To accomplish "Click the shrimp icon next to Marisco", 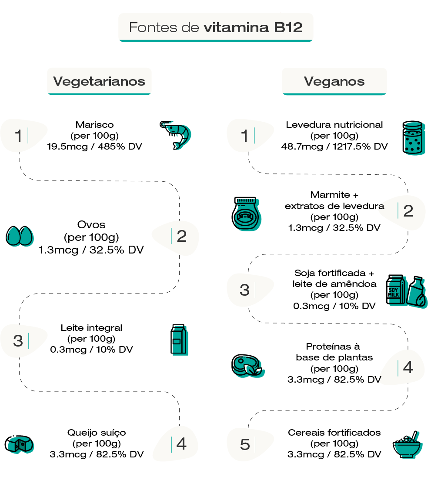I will click(175, 135).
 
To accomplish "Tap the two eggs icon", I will click(19, 235).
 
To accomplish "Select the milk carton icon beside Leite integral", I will click(178, 339).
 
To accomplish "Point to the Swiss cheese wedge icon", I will click(19, 444).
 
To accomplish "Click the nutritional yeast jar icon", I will click(413, 137).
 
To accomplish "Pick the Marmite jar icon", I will click(246, 213).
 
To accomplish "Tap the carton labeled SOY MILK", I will click(396, 289).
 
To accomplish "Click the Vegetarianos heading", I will click(99, 81).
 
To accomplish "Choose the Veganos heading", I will click(334, 81).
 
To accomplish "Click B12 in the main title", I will click(288, 28).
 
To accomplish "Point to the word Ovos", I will click(91, 225).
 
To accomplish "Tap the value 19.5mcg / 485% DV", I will click(94, 147).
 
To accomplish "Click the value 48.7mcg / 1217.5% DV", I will click(334, 147).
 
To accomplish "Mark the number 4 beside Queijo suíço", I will click(182, 444).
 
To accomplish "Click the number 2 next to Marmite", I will click(408, 211).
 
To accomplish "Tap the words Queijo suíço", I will click(96, 433).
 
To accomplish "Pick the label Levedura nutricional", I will click(334, 125).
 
